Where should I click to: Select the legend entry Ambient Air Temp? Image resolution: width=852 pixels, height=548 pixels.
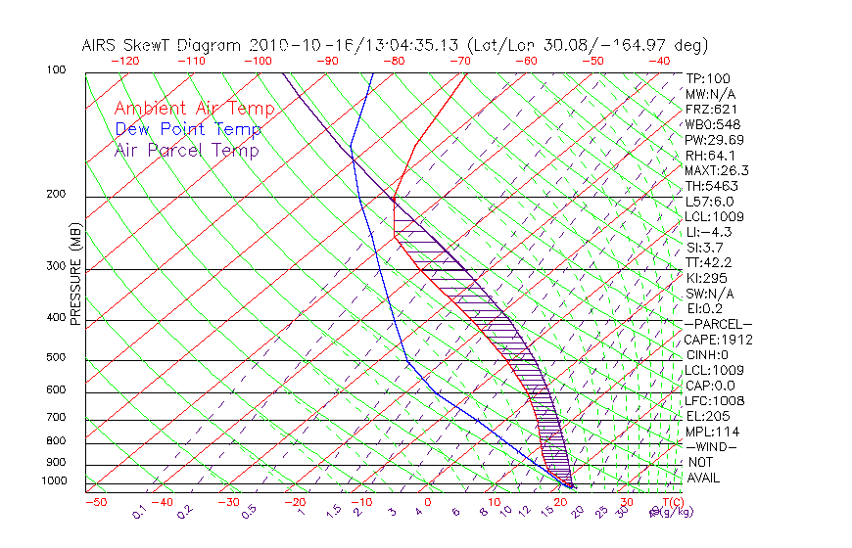(x=195, y=109)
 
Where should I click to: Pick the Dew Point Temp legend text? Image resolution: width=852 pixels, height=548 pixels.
(x=188, y=129)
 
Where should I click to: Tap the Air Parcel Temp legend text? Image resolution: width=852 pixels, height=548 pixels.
(x=187, y=150)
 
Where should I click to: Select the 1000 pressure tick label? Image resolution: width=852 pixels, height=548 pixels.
(x=55, y=481)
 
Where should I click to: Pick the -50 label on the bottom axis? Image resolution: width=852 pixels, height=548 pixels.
(x=95, y=502)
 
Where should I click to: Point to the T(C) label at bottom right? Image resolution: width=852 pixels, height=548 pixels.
(x=671, y=502)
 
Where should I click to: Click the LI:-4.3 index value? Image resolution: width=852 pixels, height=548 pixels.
(x=708, y=232)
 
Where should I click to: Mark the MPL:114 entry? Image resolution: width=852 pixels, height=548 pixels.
(x=710, y=432)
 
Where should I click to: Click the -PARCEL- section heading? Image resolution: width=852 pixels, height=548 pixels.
(x=718, y=324)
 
